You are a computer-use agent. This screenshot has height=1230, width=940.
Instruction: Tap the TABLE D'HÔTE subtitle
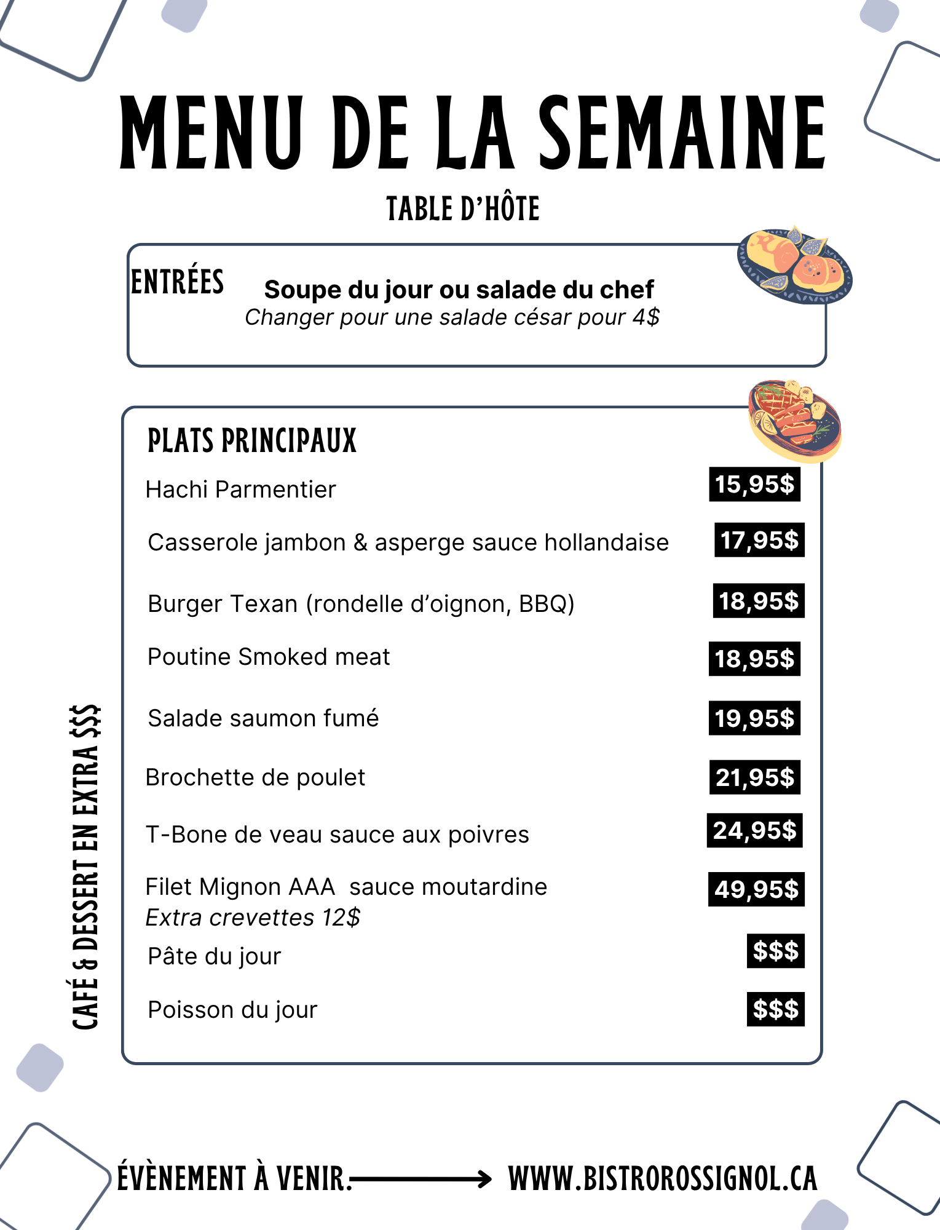463,209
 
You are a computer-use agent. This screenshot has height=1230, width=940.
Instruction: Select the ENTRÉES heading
178,282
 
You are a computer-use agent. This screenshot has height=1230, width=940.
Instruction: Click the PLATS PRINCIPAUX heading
252,441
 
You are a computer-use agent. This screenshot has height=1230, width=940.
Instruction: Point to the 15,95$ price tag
754,485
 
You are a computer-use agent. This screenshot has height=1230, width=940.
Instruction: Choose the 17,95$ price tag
759,541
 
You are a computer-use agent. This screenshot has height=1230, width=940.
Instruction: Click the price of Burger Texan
759,601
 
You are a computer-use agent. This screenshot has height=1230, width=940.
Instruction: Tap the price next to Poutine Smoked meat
754,659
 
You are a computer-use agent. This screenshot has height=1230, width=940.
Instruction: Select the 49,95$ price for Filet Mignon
756,889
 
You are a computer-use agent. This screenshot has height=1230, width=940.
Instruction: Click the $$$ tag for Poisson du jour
775,1009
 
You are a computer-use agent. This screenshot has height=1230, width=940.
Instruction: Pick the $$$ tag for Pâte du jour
775,951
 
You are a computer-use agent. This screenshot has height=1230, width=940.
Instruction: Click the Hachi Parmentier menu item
241,490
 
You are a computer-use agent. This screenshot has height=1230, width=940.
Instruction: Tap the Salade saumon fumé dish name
263,718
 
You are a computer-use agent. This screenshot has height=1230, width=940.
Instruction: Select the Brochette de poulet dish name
255,777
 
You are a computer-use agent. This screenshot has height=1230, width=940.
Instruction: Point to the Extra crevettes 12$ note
253,918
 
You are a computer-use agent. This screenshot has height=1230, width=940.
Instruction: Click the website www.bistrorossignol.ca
663,1179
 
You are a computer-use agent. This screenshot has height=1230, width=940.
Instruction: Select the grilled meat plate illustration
795,420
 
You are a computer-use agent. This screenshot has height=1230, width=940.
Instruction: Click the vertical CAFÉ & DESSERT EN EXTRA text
85,867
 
